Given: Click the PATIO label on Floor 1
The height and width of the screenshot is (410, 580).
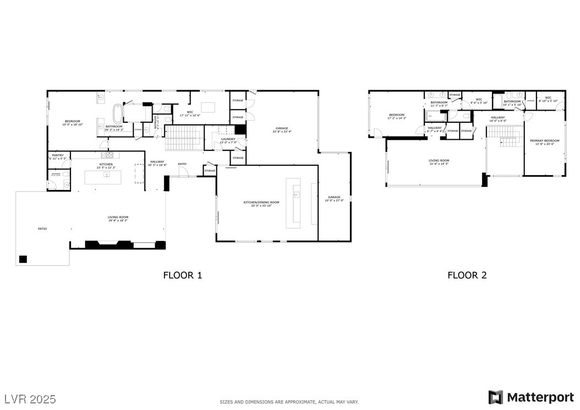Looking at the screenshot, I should (42, 228).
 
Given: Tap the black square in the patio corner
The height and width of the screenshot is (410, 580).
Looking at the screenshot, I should (23, 259).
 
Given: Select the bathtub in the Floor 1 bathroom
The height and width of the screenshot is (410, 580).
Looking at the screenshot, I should (117, 114).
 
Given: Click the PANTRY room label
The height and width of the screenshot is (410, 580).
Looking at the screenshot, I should (58, 155).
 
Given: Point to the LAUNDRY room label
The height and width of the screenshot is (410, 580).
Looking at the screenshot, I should (228, 139).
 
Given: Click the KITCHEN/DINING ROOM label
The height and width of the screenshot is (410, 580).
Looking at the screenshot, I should (261, 203).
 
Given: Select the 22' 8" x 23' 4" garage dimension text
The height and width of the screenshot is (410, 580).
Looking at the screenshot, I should (282, 132).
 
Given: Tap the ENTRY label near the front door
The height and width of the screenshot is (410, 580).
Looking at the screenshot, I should (182, 163).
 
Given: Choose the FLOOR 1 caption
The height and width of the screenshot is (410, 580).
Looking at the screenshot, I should (183, 275).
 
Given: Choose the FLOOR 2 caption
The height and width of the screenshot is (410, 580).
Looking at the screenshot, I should (467, 275).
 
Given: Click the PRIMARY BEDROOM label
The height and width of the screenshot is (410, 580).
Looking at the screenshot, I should (544, 140).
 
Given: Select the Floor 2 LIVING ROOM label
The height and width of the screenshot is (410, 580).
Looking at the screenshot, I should (439, 160).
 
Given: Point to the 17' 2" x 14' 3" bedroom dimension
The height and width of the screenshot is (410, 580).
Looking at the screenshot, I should (397, 118).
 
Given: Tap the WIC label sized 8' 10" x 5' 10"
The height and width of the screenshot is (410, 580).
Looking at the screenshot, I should (548, 101).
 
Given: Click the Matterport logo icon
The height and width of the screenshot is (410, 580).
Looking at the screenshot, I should (495, 397).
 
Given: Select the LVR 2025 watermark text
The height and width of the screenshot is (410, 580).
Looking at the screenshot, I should (30, 397).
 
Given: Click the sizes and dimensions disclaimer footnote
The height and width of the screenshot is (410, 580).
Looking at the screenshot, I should (289, 402).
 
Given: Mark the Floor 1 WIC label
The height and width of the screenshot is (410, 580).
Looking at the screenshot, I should (190, 112).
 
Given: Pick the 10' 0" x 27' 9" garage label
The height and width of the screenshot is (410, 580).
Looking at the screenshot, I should (334, 200).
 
